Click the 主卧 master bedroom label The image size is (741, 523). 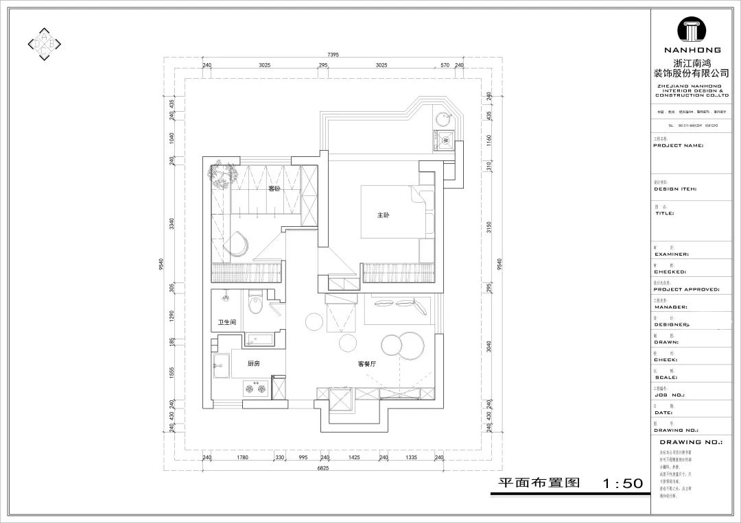coord(383,215)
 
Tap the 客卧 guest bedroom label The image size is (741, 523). coord(274,188)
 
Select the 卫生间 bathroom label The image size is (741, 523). coord(227,322)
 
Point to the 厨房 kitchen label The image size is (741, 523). coord(254,363)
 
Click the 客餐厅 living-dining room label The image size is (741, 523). coord(368,364)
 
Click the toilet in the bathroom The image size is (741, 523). coord(255,303)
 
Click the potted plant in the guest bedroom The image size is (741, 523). coord(223,176)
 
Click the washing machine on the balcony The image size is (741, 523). coord(445,141)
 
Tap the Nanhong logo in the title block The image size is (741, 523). coord(696,32)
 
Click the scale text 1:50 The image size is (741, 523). coord(622,484)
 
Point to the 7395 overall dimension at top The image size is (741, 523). coord(333,55)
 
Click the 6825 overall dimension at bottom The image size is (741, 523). coord(324,469)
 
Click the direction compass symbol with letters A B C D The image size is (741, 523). coord(45,45)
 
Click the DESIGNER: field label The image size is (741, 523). coord(672,324)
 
